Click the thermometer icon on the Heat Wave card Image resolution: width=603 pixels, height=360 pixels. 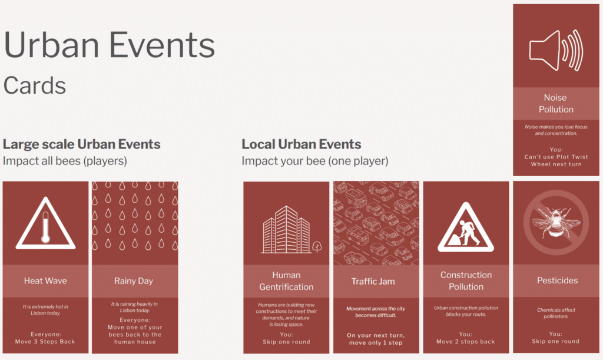coord(46,227)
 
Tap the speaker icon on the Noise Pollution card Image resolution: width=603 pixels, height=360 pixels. coord(556,51)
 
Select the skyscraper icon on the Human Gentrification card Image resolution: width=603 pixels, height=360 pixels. coord(287,230)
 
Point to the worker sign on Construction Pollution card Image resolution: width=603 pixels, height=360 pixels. coord(466,227)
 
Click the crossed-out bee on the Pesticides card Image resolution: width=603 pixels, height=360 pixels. coord(556,222)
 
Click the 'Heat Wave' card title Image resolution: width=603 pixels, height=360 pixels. coord(45,281)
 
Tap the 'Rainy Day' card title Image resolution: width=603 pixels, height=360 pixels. coord(134,281)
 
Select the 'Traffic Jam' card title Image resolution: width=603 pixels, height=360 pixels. coord(373,281)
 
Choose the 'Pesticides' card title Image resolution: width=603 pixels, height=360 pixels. coord(557,280)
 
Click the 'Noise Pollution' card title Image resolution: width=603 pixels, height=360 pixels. coord(556,104)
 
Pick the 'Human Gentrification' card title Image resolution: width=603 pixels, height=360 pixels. coord(286,281)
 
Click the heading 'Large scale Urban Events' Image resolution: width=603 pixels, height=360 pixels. coord(81,144)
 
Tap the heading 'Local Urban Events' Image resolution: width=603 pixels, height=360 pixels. coord(301,144)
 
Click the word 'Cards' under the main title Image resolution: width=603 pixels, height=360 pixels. coord(35,85)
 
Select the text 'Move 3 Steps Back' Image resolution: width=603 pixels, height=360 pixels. coord(45,342)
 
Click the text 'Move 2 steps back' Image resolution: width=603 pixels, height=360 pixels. coord(465,342)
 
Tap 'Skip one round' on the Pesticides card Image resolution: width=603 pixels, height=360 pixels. coord(555,341)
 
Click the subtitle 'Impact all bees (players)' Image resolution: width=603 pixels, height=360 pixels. coord(65,161)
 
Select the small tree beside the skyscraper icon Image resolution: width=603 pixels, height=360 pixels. coord(317,247)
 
